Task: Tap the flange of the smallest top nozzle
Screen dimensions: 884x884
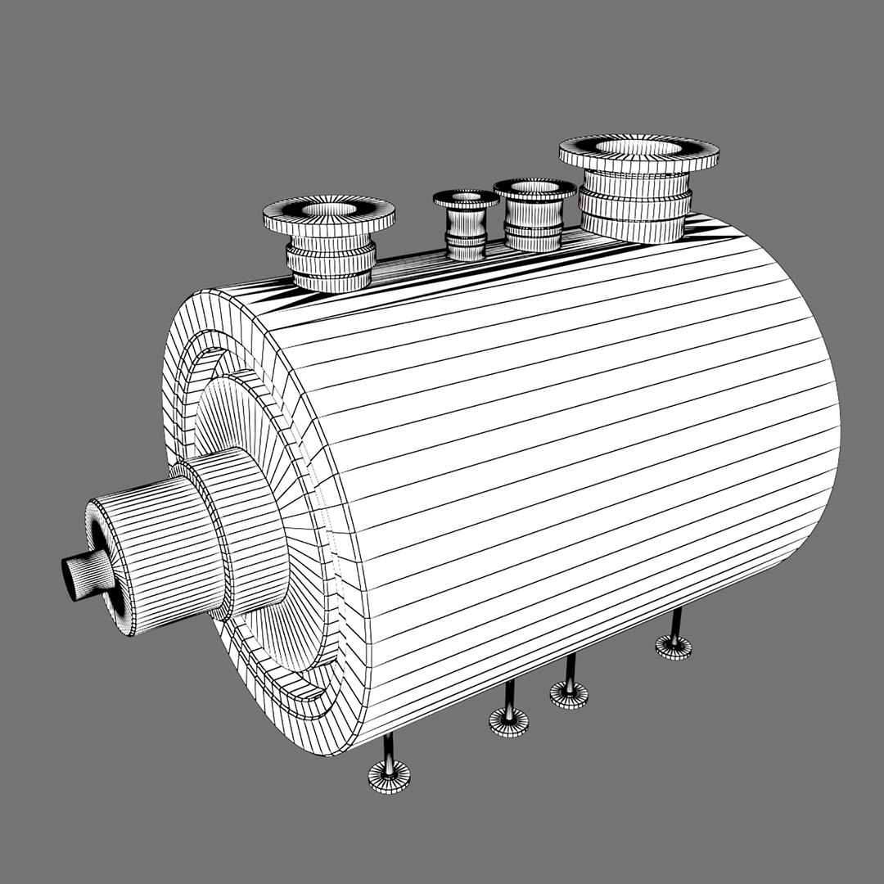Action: tap(466, 199)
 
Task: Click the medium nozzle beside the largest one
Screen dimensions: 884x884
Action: tap(534, 214)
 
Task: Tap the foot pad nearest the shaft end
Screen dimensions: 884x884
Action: tap(389, 775)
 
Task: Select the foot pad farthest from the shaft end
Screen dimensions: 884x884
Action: tap(673, 647)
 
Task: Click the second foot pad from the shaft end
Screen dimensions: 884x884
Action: tap(508, 721)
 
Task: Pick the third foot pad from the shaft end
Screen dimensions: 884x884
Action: tap(568, 695)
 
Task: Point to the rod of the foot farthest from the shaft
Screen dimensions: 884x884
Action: tap(675, 624)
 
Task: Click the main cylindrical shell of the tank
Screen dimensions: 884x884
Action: tap(573, 458)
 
